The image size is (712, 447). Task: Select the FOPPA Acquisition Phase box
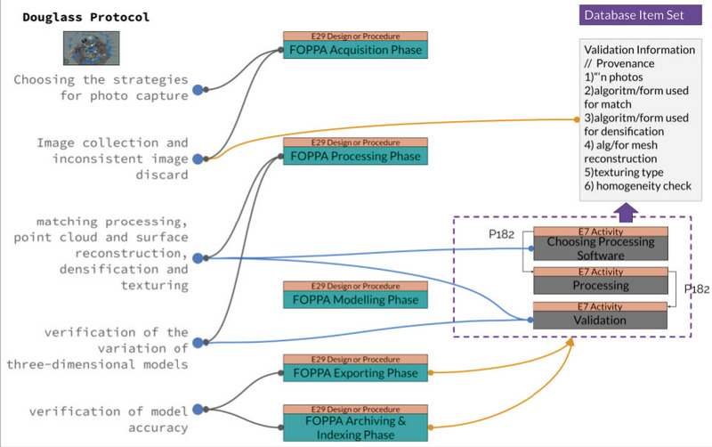[355, 51]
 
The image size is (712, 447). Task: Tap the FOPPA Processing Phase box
[355, 156]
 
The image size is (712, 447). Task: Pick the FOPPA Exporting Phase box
[355, 373]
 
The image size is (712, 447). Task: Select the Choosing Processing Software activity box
[600, 248]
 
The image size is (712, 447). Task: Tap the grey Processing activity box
[600, 285]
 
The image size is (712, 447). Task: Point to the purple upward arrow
[627, 210]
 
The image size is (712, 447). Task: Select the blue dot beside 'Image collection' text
[198, 158]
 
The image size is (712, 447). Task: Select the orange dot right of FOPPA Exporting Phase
[431, 373]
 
